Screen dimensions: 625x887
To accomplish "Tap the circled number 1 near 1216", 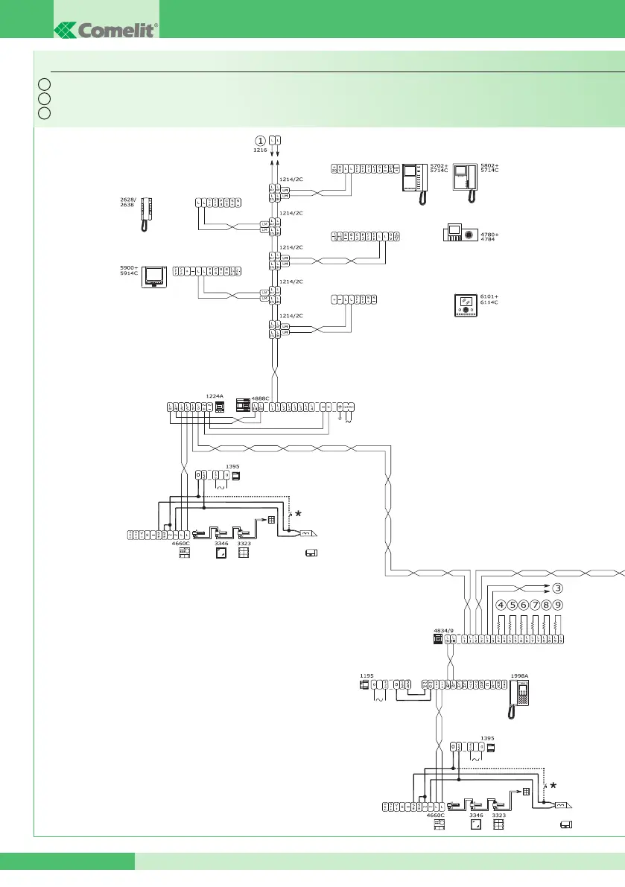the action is [260, 140].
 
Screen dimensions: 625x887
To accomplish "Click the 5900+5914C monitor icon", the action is [156, 276].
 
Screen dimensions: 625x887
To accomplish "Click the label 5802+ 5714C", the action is [489, 168].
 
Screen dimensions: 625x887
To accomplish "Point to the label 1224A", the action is [214, 397].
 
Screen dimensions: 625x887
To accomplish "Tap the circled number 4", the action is [501, 605].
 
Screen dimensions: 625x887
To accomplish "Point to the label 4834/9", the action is [442, 629].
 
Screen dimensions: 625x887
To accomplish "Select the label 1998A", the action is [520, 676].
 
